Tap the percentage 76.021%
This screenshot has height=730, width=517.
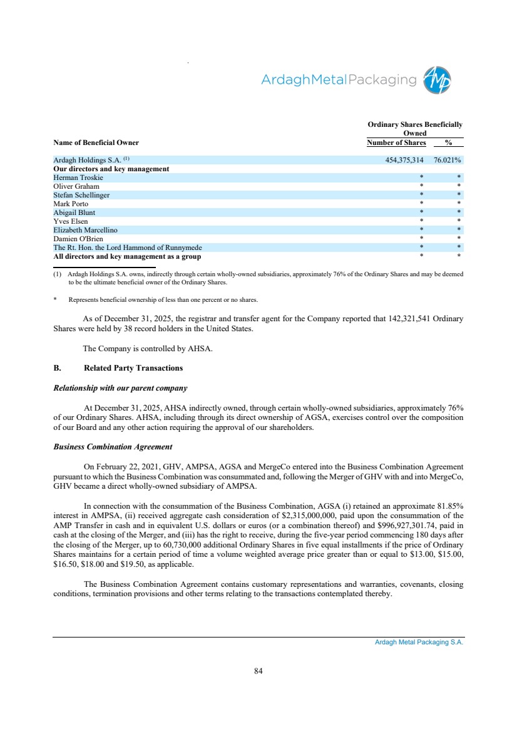(447, 161)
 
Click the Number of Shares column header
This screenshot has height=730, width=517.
(396, 143)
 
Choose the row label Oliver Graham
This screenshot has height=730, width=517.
(76, 186)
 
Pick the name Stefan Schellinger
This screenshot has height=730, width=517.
(81, 195)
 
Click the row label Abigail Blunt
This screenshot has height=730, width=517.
(74, 212)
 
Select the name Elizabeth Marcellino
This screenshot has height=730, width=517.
(85, 230)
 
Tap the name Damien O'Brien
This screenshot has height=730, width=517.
(78, 239)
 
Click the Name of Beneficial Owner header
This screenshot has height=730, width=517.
(96, 143)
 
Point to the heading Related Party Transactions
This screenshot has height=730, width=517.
(133, 367)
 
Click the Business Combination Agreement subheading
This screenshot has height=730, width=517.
(113, 447)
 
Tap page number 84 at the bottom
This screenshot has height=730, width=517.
(258, 671)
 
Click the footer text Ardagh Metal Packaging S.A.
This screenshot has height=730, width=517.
(414, 642)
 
